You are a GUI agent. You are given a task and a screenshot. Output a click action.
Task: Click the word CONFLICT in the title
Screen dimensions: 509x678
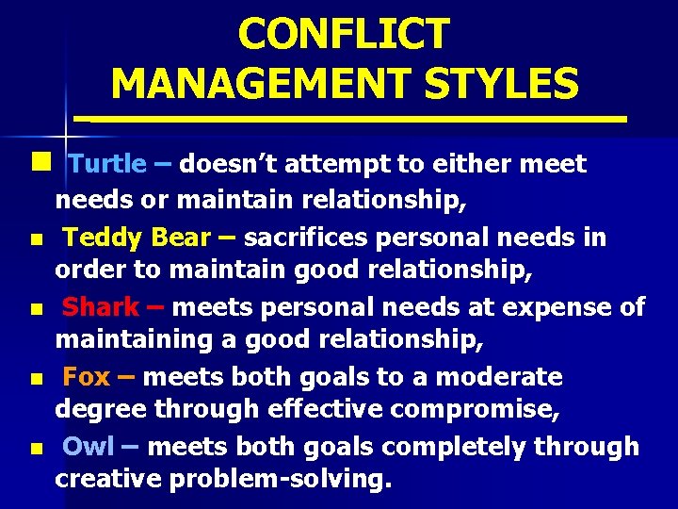344,35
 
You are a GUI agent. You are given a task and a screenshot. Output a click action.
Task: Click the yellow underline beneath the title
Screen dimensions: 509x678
350,120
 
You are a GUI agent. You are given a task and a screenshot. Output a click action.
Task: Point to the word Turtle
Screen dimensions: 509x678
107,165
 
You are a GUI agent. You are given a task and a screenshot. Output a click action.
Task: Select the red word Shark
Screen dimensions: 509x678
101,307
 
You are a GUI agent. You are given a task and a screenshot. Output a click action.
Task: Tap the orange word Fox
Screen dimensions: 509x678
87,378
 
